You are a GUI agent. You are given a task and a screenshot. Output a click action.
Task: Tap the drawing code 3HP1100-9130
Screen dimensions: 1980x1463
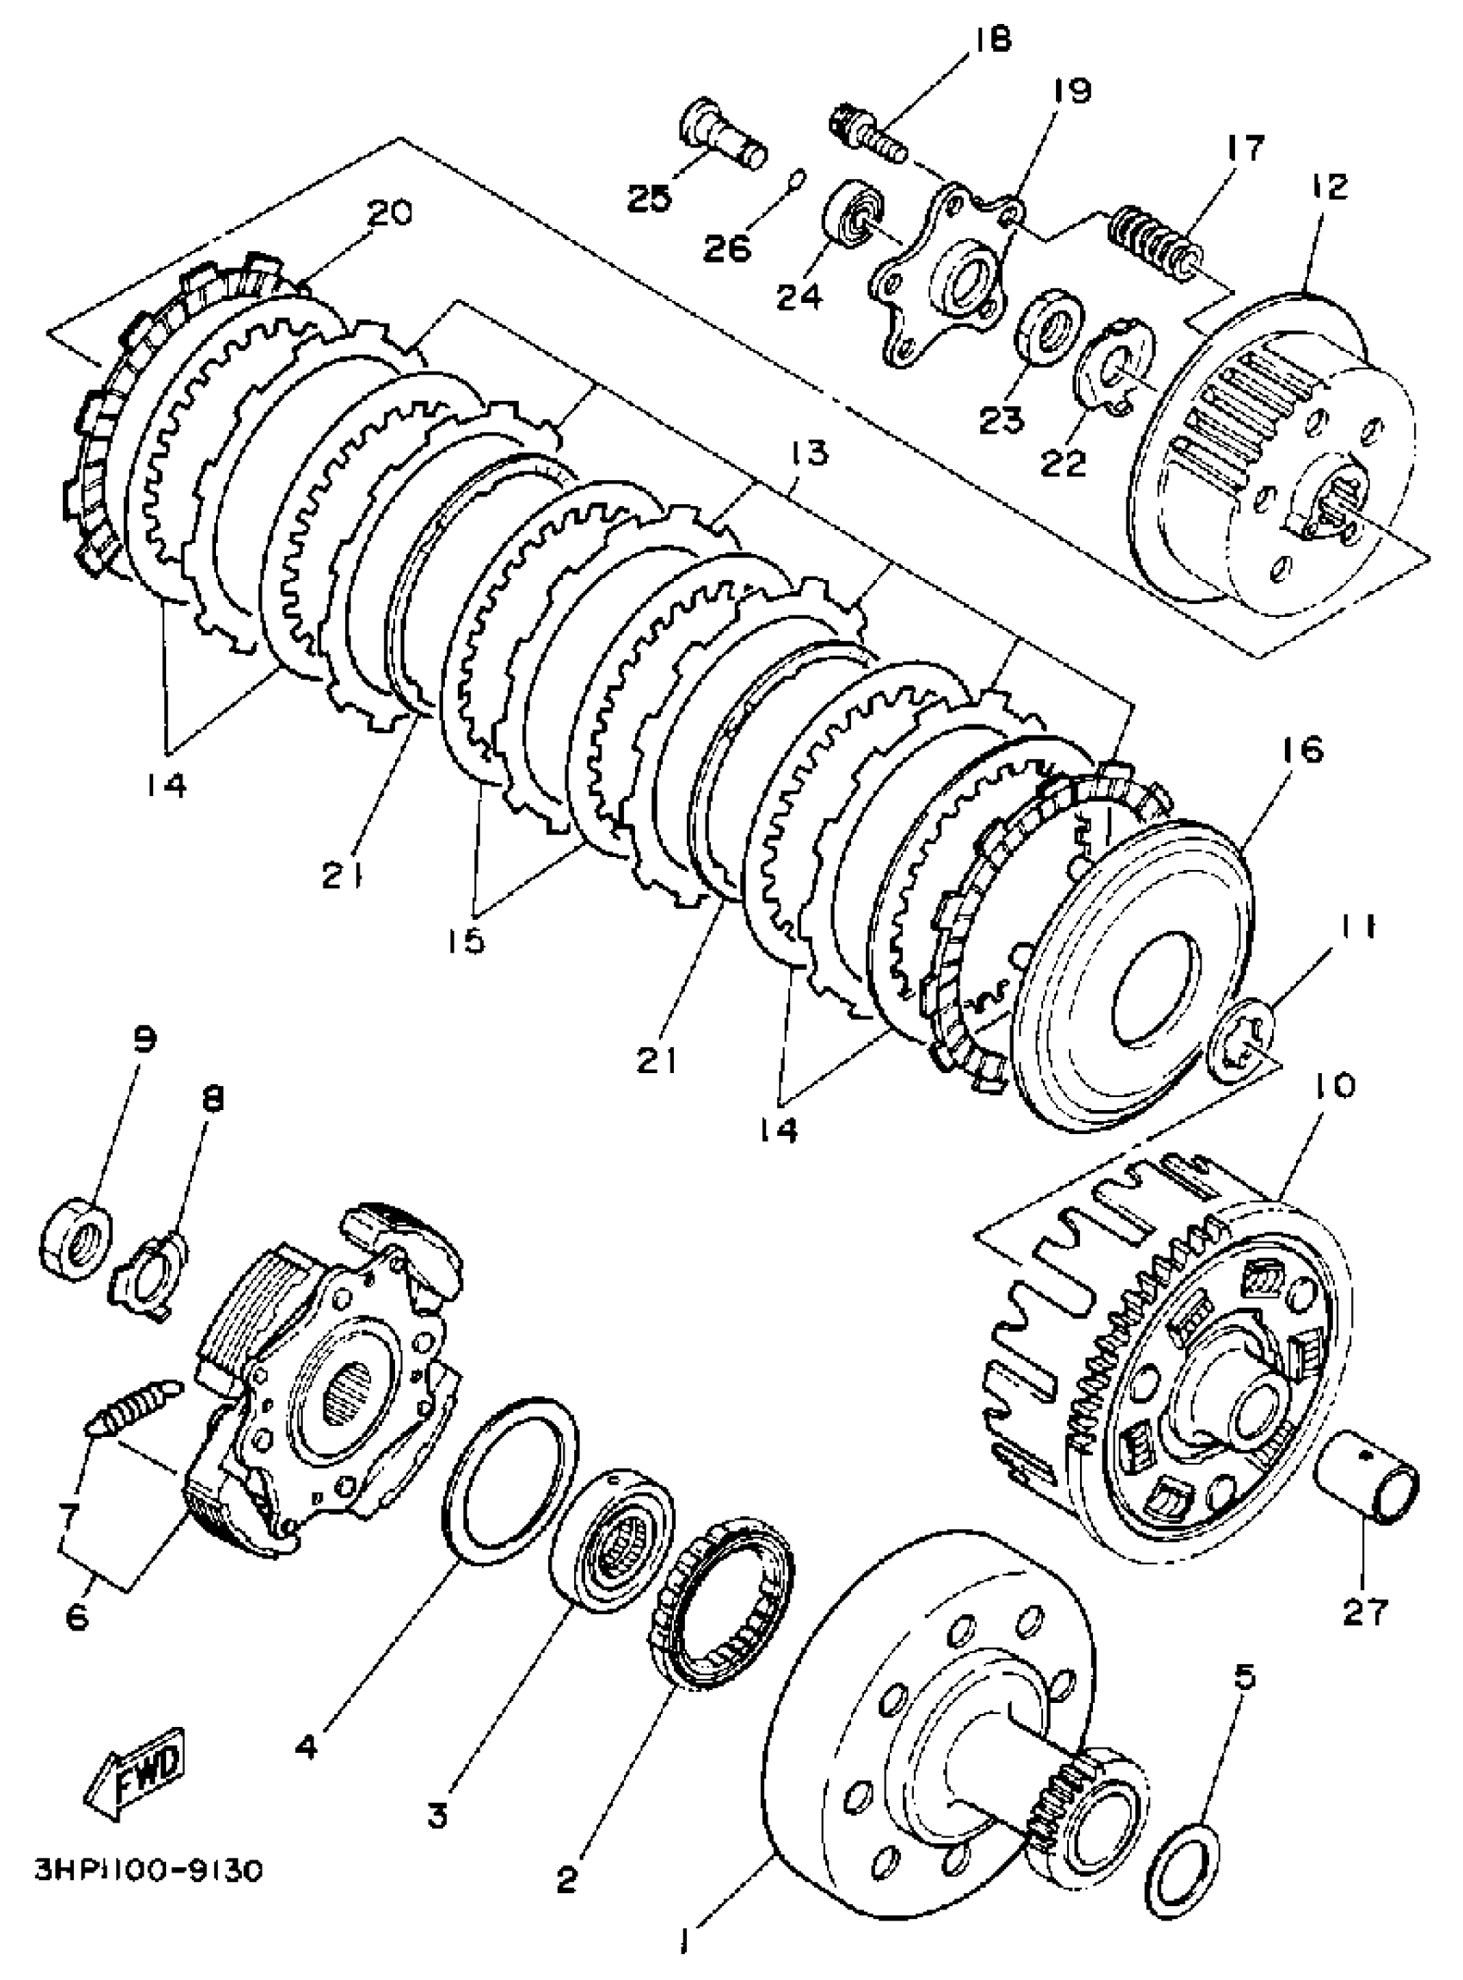149,1871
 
